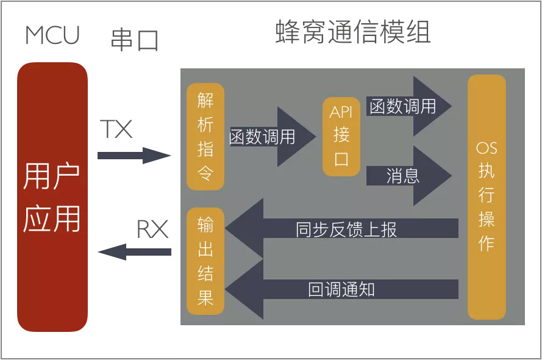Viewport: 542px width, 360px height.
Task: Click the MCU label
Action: [x=52, y=36]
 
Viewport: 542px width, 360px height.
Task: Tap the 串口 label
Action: [x=134, y=40]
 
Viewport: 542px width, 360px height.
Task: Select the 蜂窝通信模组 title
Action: [x=354, y=32]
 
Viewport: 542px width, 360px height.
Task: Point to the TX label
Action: [x=116, y=129]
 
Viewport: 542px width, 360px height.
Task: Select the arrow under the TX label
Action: [x=134, y=156]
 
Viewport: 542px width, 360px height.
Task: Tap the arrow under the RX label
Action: [x=134, y=251]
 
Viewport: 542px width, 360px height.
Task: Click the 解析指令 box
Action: [x=205, y=137]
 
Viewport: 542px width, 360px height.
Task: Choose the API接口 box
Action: [x=341, y=136]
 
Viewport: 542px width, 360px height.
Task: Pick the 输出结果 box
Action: [x=205, y=262]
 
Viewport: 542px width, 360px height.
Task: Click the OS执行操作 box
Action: [x=487, y=196]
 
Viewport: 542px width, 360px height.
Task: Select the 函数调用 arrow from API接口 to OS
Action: [x=408, y=107]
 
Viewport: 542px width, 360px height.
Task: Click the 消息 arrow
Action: [x=408, y=176]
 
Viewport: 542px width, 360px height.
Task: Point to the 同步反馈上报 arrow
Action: [x=341, y=228]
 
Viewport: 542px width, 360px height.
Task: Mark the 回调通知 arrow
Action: [x=341, y=289]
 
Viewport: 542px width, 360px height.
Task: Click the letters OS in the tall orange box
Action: [x=487, y=149]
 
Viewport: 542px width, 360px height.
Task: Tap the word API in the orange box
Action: [x=341, y=112]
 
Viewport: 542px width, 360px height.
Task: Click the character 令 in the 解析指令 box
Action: [x=205, y=173]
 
